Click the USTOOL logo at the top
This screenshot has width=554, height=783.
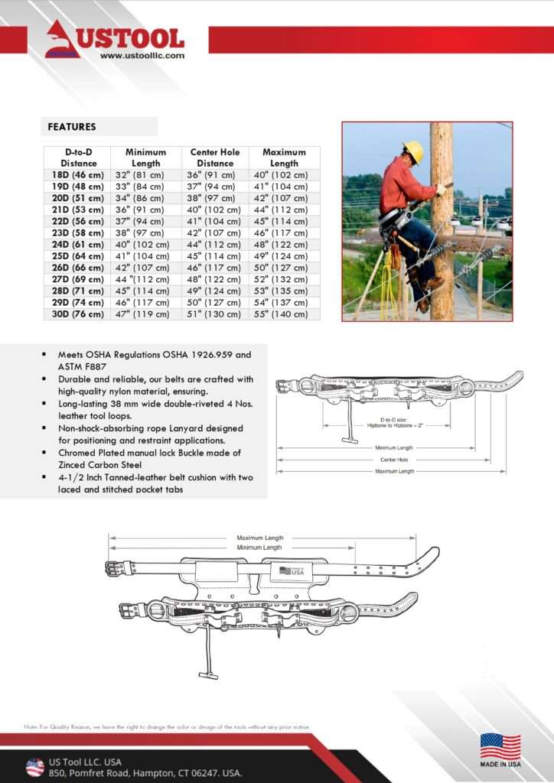tap(115, 38)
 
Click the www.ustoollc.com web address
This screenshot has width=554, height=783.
tap(142, 55)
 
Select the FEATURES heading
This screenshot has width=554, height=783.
tap(72, 127)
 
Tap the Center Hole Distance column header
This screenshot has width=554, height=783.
tap(215, 158)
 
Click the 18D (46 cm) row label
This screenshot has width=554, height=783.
tap(77, 175)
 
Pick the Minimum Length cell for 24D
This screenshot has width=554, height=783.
tap(145, 245)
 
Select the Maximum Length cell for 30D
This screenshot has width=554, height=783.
tap(284, 314)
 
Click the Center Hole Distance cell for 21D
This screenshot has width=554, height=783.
tap(215, 210)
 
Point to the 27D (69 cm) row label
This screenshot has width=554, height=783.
tap(77, 279)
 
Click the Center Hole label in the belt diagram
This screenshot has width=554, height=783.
tap(394, 460)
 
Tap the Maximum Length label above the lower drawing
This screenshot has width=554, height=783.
tap(260, 538)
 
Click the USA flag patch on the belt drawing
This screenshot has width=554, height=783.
tap(292, 570)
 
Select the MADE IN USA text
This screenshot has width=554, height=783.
tap(500, 764)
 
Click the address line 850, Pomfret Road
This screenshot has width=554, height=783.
tap(145, 773)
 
